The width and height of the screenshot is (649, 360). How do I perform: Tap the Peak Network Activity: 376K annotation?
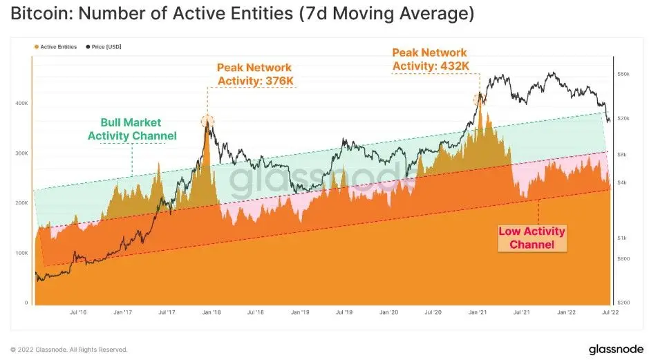coord(254,75)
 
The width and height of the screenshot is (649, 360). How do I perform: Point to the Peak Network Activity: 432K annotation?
coord(429,59)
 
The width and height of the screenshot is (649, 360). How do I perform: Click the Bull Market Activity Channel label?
coord(132,129)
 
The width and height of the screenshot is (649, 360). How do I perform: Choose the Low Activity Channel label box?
coord(532,238)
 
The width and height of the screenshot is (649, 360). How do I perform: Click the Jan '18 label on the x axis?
coord(211,312)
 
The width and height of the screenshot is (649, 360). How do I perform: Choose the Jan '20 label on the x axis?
coord(388,312)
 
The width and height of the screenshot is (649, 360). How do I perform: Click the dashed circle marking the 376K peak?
coord(207,122)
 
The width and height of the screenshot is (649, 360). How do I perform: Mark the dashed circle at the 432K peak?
coord(478,98)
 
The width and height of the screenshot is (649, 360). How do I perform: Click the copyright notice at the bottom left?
coord(68,349)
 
